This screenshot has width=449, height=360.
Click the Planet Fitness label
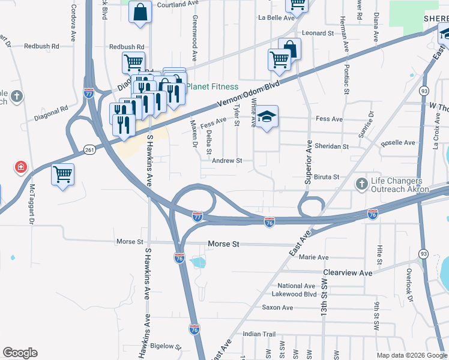coord(212,86)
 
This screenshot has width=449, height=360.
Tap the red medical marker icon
coord(21,166)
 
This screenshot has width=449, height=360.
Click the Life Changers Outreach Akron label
coord(396,185)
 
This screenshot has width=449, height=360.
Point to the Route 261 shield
coord(89,149)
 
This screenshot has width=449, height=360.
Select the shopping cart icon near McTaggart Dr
coord(62,175)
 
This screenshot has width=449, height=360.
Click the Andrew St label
coord(227,161)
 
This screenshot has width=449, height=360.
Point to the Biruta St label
coord(328,177)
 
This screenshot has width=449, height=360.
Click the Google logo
coord(20,353)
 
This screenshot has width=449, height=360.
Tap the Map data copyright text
coord(412,355)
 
